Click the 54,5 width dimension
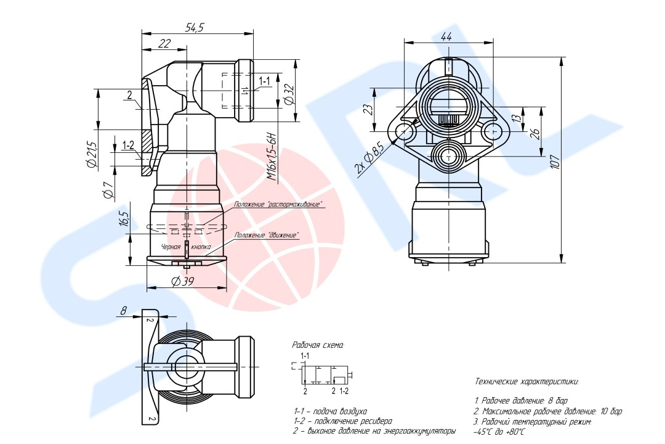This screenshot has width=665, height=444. point(195,27)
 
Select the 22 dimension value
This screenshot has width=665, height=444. point(164,43)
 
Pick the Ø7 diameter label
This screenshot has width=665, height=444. point(108,190)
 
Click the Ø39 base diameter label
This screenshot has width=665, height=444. point(182,281)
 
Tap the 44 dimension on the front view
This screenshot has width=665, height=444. point(446,37)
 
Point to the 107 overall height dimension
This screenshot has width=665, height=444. point(555,162)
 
